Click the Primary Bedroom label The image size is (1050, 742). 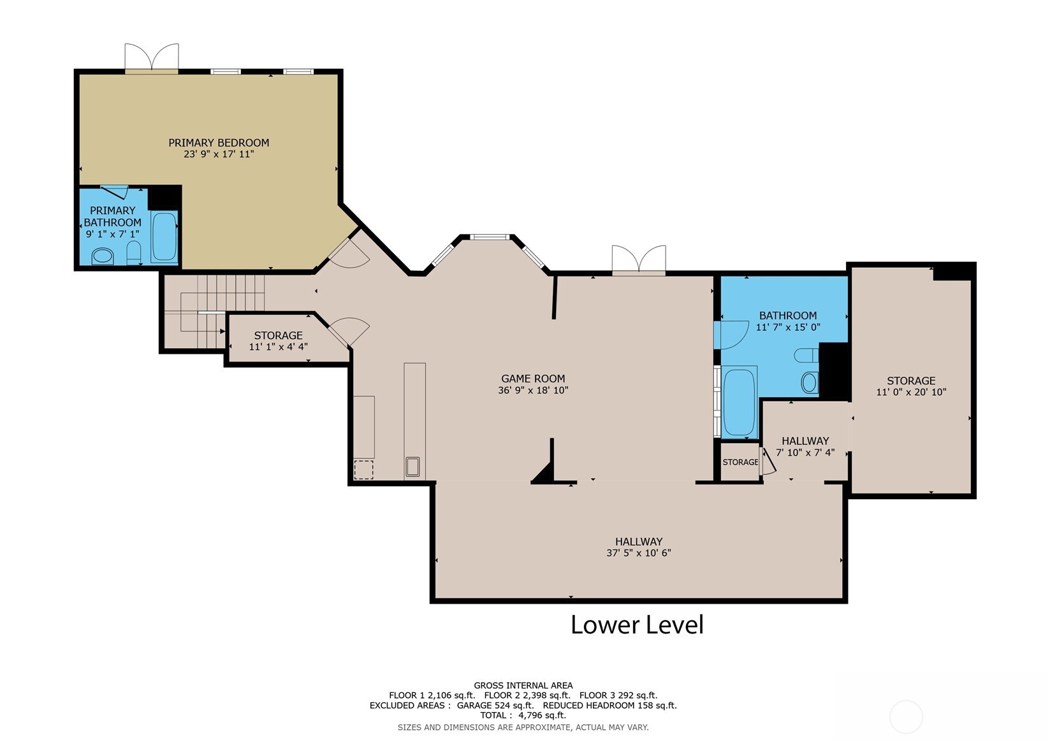[x=219, y=143]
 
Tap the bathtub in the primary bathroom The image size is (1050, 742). [x=164, y=236]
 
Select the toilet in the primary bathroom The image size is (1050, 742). [x=134, y=252]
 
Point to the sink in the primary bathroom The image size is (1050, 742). [x=102, y=256]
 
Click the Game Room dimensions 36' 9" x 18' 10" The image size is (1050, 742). [x=533, y=390]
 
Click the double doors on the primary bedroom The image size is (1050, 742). [x=151, y=58]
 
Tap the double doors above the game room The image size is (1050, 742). [x=639, y=260]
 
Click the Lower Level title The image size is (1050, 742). [x=637, y=624]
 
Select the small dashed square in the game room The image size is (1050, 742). [x=363, y=470]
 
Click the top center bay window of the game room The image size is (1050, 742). [x=490, y=236]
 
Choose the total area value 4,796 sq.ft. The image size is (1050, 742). [x=542, y=715]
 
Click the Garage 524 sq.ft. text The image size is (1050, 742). [x=495, y=706]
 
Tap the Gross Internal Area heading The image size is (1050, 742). [x=523, y=685]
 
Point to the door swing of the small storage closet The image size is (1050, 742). [x=768, y=462]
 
